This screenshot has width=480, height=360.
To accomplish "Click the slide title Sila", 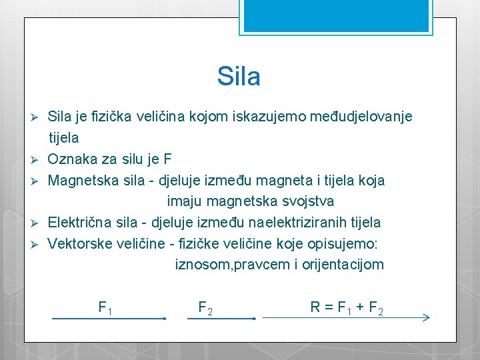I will tap(239, 77).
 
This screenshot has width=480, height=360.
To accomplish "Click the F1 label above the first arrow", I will tap(105, 308).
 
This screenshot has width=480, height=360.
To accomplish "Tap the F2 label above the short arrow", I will tap(205, 308).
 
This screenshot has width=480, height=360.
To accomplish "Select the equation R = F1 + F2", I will tap(346, 308).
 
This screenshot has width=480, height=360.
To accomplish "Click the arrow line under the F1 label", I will tap(108, 319).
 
